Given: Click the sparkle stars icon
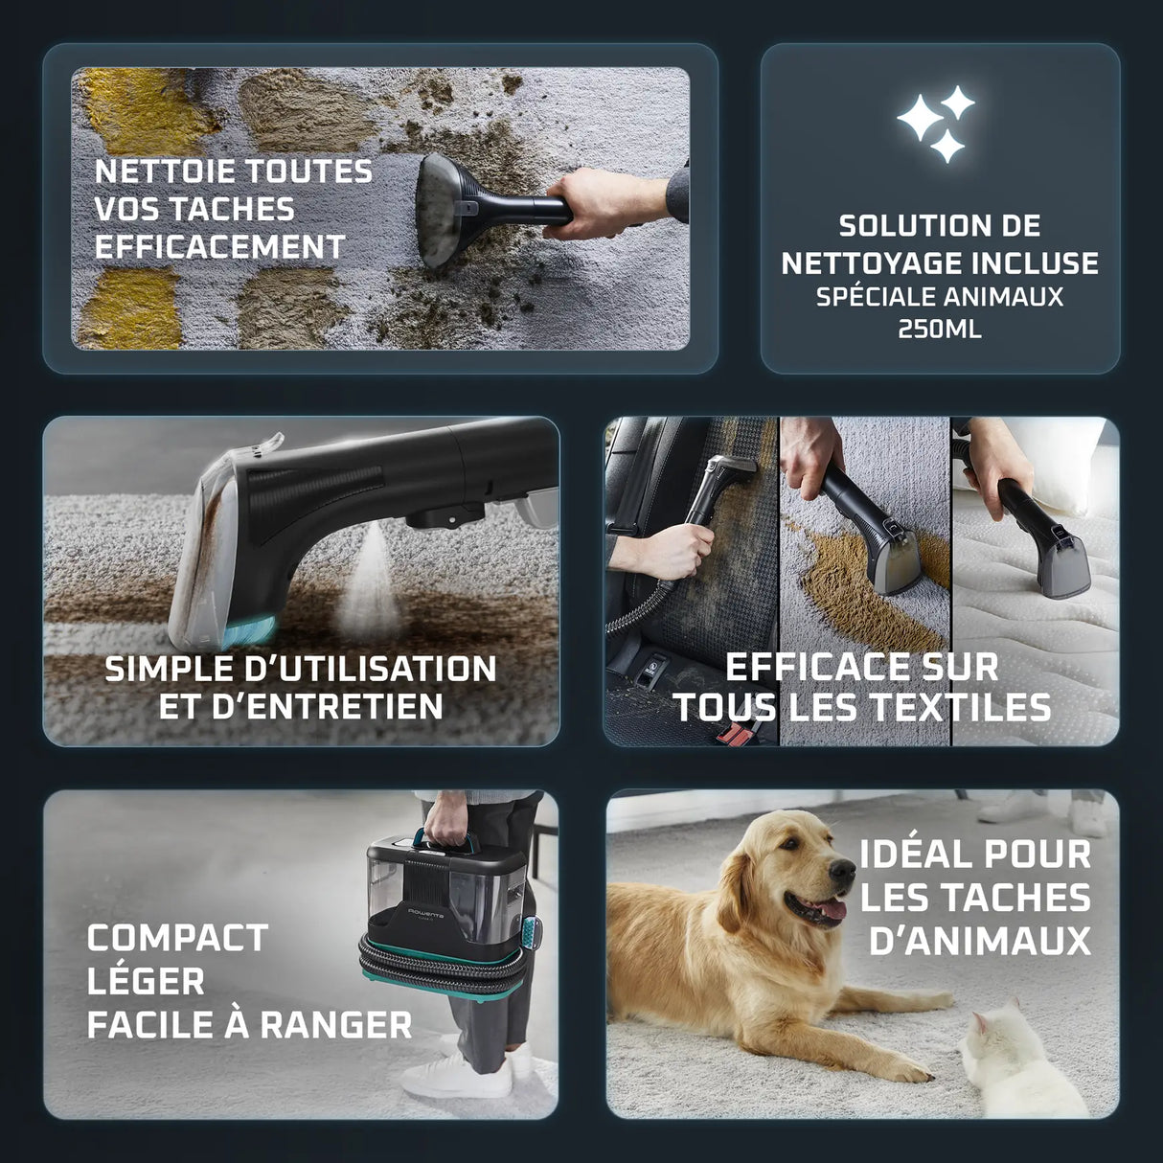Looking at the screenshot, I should click(x=937, y=123).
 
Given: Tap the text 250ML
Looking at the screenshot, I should click(x=940, y=330).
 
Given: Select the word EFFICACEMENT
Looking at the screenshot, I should click(x=219, y=247).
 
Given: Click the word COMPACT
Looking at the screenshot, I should click(x=177, y=938).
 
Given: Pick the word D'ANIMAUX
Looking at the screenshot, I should click(x=979, y=941).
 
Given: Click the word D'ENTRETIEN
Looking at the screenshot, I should click(x=301, y=707).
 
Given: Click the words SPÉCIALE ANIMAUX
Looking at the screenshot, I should click(x=940, y=297).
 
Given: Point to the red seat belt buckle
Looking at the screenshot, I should click(x=736, y=735).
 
